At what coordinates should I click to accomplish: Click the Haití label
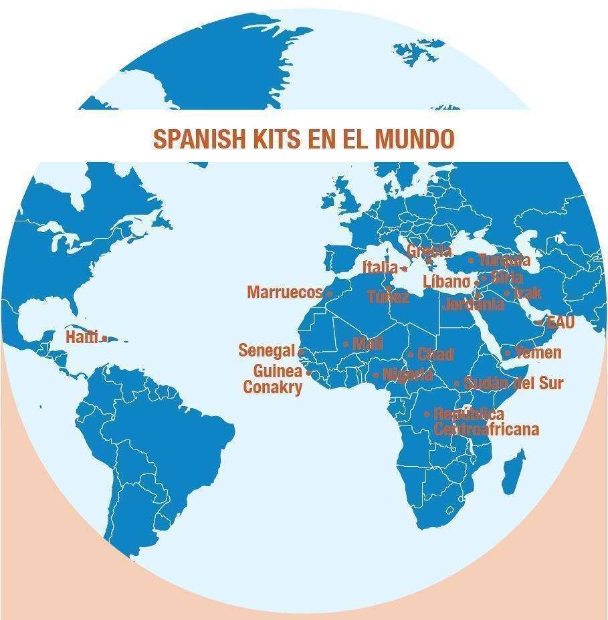coord(82,337)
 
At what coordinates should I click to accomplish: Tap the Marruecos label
coord(285,292)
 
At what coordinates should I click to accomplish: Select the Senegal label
coord(266,350)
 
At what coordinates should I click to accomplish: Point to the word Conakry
coord(273,387)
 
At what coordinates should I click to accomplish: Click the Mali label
coord(367,344)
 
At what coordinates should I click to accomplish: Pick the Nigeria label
coord(407,375)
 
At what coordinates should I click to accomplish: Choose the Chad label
coord(435,354)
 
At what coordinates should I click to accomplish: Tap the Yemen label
coord(538,352)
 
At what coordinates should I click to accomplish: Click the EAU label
coord(560,322)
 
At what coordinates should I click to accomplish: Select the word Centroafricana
coord(486,429)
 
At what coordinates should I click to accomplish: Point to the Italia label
coord(380,268)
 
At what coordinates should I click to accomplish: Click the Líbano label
coord(446,282)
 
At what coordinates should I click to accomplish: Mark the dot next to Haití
coord(105,338)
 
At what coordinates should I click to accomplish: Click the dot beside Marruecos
coord(329,293)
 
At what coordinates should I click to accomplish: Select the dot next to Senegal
coord(301,351)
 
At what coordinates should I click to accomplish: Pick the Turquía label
coord(504,260)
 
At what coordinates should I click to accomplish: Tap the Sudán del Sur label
coord(513,383)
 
